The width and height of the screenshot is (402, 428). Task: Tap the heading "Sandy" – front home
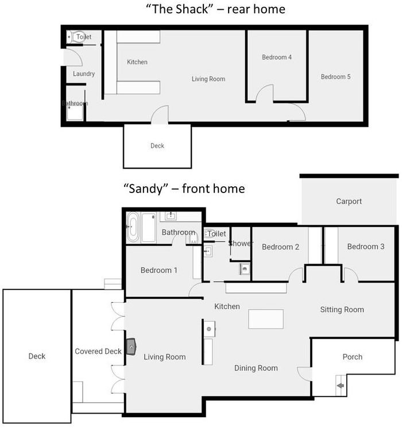184,188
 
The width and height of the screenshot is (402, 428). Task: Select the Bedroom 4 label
277,57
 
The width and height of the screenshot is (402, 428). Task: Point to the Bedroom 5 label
336,77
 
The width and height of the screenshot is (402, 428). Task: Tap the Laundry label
84,74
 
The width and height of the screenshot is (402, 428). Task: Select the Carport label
349,202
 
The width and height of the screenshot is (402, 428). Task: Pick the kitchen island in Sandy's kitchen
266,319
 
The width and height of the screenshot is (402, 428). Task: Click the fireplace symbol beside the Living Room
132,346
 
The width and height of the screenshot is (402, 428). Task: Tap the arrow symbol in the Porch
340,386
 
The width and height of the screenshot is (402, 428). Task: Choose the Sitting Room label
342,310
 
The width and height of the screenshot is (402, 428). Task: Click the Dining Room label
256,368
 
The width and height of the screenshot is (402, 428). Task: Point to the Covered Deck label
98,352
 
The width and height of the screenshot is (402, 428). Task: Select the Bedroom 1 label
159,271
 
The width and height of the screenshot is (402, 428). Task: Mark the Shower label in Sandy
240,244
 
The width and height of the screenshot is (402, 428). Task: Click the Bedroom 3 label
366,246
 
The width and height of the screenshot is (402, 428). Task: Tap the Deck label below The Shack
157,146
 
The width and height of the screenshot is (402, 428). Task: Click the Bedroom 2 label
281,247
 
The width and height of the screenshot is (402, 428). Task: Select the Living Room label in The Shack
208,79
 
